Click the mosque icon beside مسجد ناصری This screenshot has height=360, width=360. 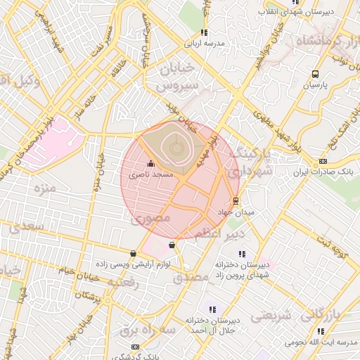pos(149,164)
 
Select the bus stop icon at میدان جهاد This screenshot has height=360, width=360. pos(235,200)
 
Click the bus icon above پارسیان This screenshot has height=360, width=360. pos(315,74)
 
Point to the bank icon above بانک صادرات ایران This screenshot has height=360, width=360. pos(323,161)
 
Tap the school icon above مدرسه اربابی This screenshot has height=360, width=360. pos(204,32)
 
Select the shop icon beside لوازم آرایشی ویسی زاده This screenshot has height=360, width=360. pos(134,253)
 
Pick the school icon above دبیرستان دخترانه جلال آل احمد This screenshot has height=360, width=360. pos(212,309)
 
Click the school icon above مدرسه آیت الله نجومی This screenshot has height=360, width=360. pos(321,331)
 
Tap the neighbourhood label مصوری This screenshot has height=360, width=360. pos(147,219)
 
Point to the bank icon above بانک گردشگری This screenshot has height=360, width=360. pos(136,347)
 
